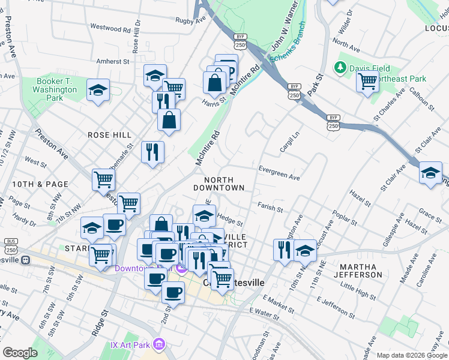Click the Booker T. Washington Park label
pyautogui.click(x=57, y=89)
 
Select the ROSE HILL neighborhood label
pyautogui.click(x=109, y=135)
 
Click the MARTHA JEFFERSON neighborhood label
pyautogui.click(x=360, y=270)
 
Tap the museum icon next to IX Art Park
pyautogui.click(x=159, y=344)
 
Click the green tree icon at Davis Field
pyautogui.click(x=342, y=68)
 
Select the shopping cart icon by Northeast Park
pyautogui.click(x=367, y=81)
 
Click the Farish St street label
pyautogui.click(x=270, y=207)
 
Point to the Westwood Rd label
pyautogui.click(x=110, y=28)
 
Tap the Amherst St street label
pyautogui.click(x=113, y=61)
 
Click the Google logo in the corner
pyautogui.click(x=20, y=353)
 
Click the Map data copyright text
pyautogui.click(x=412, y=355)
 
